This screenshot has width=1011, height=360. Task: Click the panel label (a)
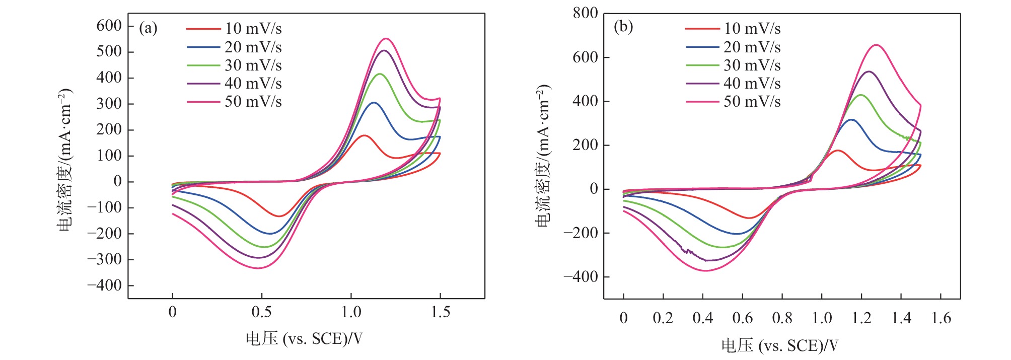point(148,28)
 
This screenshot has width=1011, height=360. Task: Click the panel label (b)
point(623,26)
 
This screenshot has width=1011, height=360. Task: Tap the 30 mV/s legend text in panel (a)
point(253,65)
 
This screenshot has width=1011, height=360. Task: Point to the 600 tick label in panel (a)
point(109,26)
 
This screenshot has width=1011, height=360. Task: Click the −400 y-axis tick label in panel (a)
point(104,285)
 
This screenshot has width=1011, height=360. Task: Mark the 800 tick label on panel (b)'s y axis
point(585,13)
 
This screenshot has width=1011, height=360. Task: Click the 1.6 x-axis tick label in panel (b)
point(941,318)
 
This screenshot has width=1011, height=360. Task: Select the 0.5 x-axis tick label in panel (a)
point(261,312)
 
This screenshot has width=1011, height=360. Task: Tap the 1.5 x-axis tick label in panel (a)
point(441,312)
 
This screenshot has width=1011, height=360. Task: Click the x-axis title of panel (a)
point(304,339)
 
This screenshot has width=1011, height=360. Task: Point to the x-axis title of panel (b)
point(779,345)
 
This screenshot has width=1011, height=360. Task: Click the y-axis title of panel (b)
point(543,156)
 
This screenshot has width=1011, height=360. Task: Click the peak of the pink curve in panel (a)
point(386,39)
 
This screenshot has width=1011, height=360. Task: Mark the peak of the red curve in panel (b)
point(838,151)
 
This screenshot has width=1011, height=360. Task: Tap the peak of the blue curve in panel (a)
point(374,103)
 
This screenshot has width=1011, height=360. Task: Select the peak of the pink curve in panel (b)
point(877,45)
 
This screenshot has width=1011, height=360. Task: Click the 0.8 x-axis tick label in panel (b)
point(782,318)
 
